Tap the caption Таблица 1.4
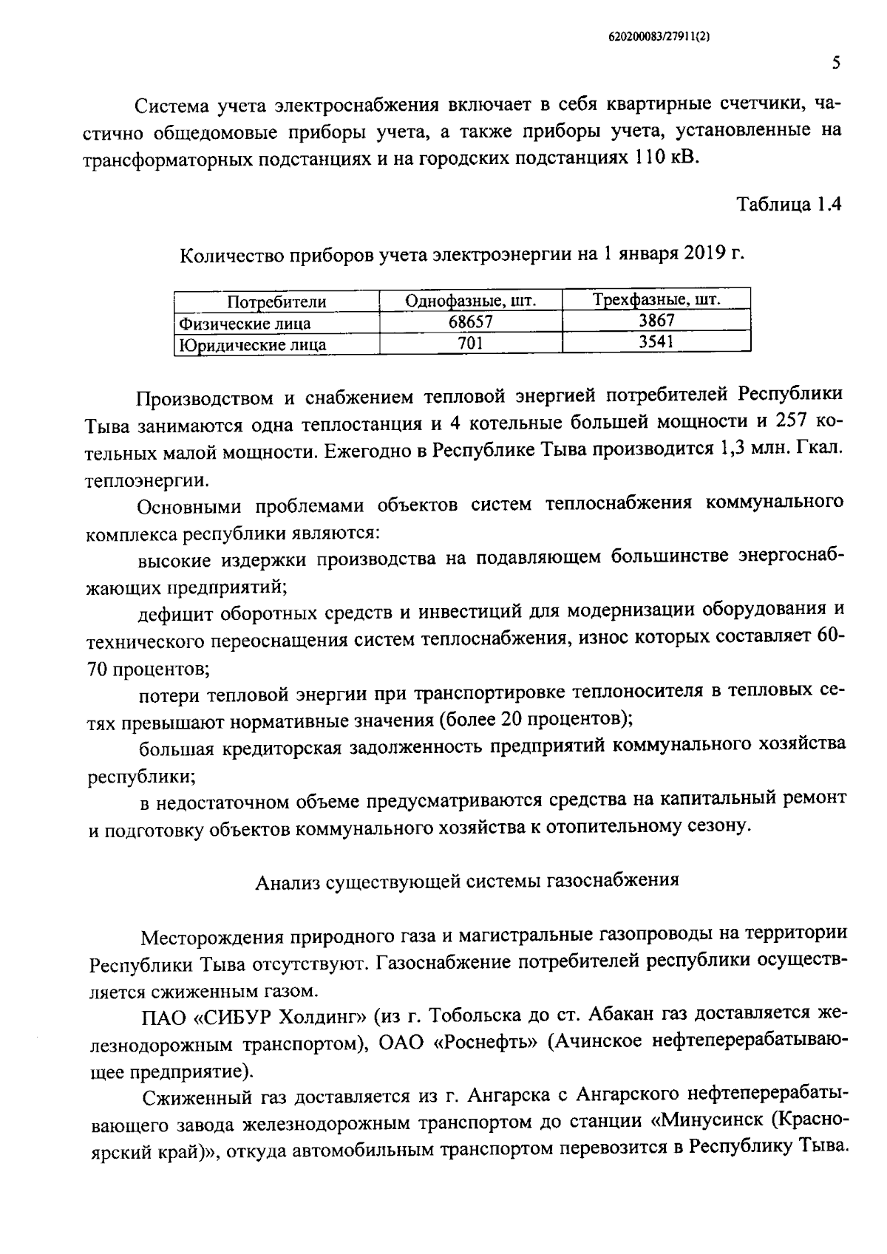789,205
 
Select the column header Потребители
276,301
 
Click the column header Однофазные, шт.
470,301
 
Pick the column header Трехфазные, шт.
656,300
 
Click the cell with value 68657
470,322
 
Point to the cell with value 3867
656,321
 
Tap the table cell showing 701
470,343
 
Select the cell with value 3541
656,341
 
